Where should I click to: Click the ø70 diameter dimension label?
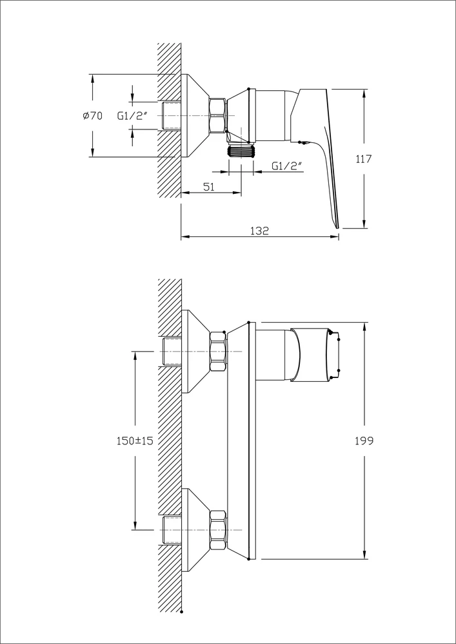pos(92,116)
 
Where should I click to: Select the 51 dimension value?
pos(209,187)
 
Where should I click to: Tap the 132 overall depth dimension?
pos(259,231)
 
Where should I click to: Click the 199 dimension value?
pos(364,440)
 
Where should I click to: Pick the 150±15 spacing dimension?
pos(135,440)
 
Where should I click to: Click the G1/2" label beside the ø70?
pos(132,116)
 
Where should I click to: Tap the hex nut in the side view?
pos(218,115)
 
